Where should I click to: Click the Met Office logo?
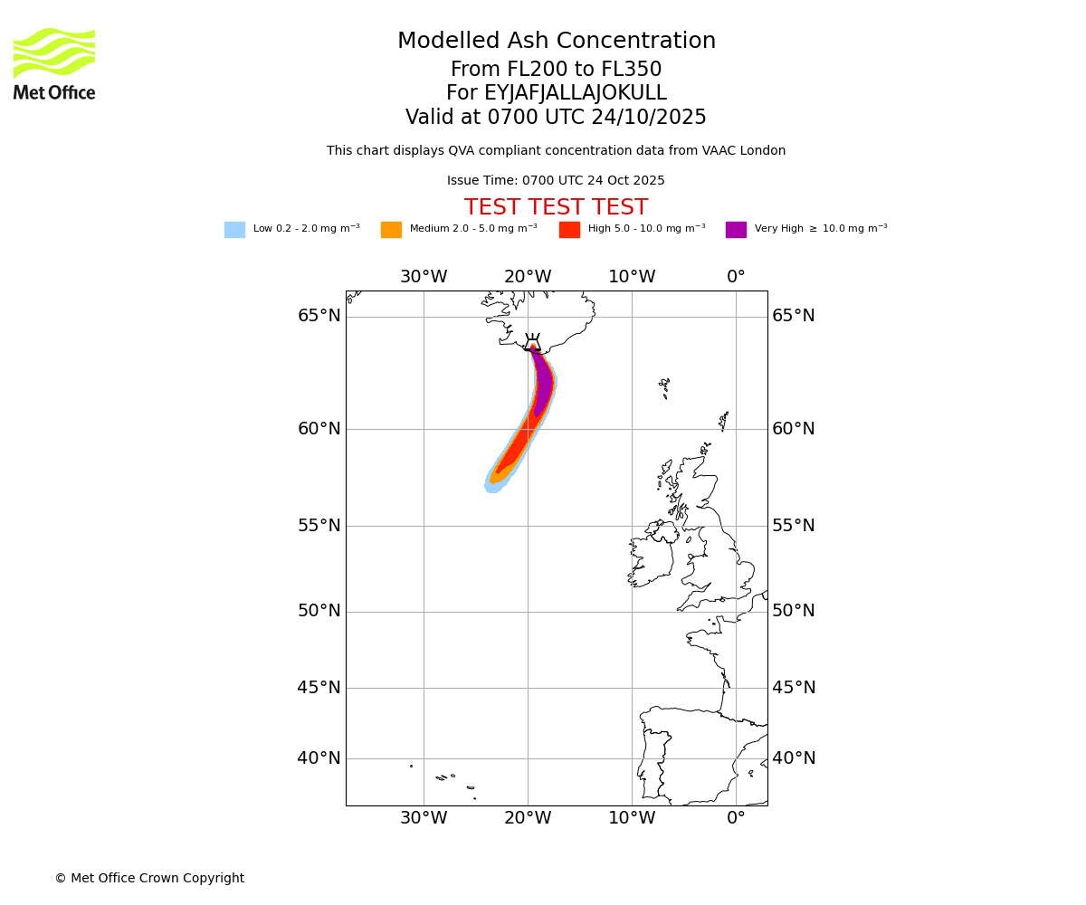pos(54,63)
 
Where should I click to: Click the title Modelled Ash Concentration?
pos(556,42)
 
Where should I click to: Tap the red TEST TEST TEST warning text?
pos(556,208)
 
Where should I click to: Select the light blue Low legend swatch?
pos(234,230)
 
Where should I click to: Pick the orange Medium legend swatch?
pos(391,230)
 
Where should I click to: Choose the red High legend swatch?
pos(569,230)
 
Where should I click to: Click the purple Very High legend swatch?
pos(736,230)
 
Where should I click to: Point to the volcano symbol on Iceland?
pos(532,342)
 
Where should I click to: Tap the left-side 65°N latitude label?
pos(319,316)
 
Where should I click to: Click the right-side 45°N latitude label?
pos(794,688)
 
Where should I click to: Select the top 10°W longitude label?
pos(632,277)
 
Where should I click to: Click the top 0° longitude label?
pos(736,277)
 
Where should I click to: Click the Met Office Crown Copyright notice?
pos(149,879)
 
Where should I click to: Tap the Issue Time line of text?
pos(556,181)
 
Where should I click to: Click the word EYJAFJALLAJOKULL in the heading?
pos(576,93)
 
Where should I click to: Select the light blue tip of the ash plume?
pos(492,486)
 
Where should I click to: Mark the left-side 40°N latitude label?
pos(319,758)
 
